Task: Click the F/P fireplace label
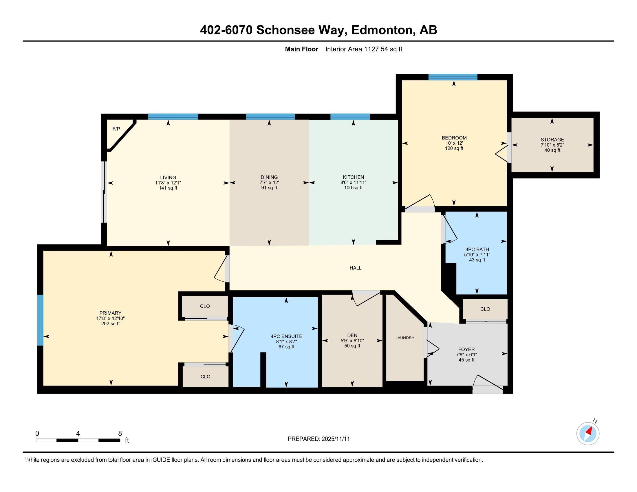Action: click(x=116, y=129)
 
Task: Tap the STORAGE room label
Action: click(x=552, y=139)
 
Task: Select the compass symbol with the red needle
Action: click(x=588, y=434)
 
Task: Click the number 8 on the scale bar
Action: click(x=120, y=434)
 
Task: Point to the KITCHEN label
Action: click(x=353, y=177)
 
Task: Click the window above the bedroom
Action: click(x=453, y=77)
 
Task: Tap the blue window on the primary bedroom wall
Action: click(x=40, y=320)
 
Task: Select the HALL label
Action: click(x=355, y=268)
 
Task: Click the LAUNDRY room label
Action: click(x=404, y=338)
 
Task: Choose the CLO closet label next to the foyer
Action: click(x=485, y=309)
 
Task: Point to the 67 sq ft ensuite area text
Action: click(x=286, y=347)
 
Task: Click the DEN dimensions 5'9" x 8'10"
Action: click(x=352, y=341)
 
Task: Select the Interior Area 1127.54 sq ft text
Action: click(x=363, y=49)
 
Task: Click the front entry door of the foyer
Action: click(x=487, y=385)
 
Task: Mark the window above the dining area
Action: click(x=270, y=117)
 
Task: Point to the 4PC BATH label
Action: click(x=477, y=249)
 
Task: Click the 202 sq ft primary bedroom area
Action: click(x=110, y=324)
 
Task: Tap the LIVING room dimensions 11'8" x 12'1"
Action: click(x=168, y=183)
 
